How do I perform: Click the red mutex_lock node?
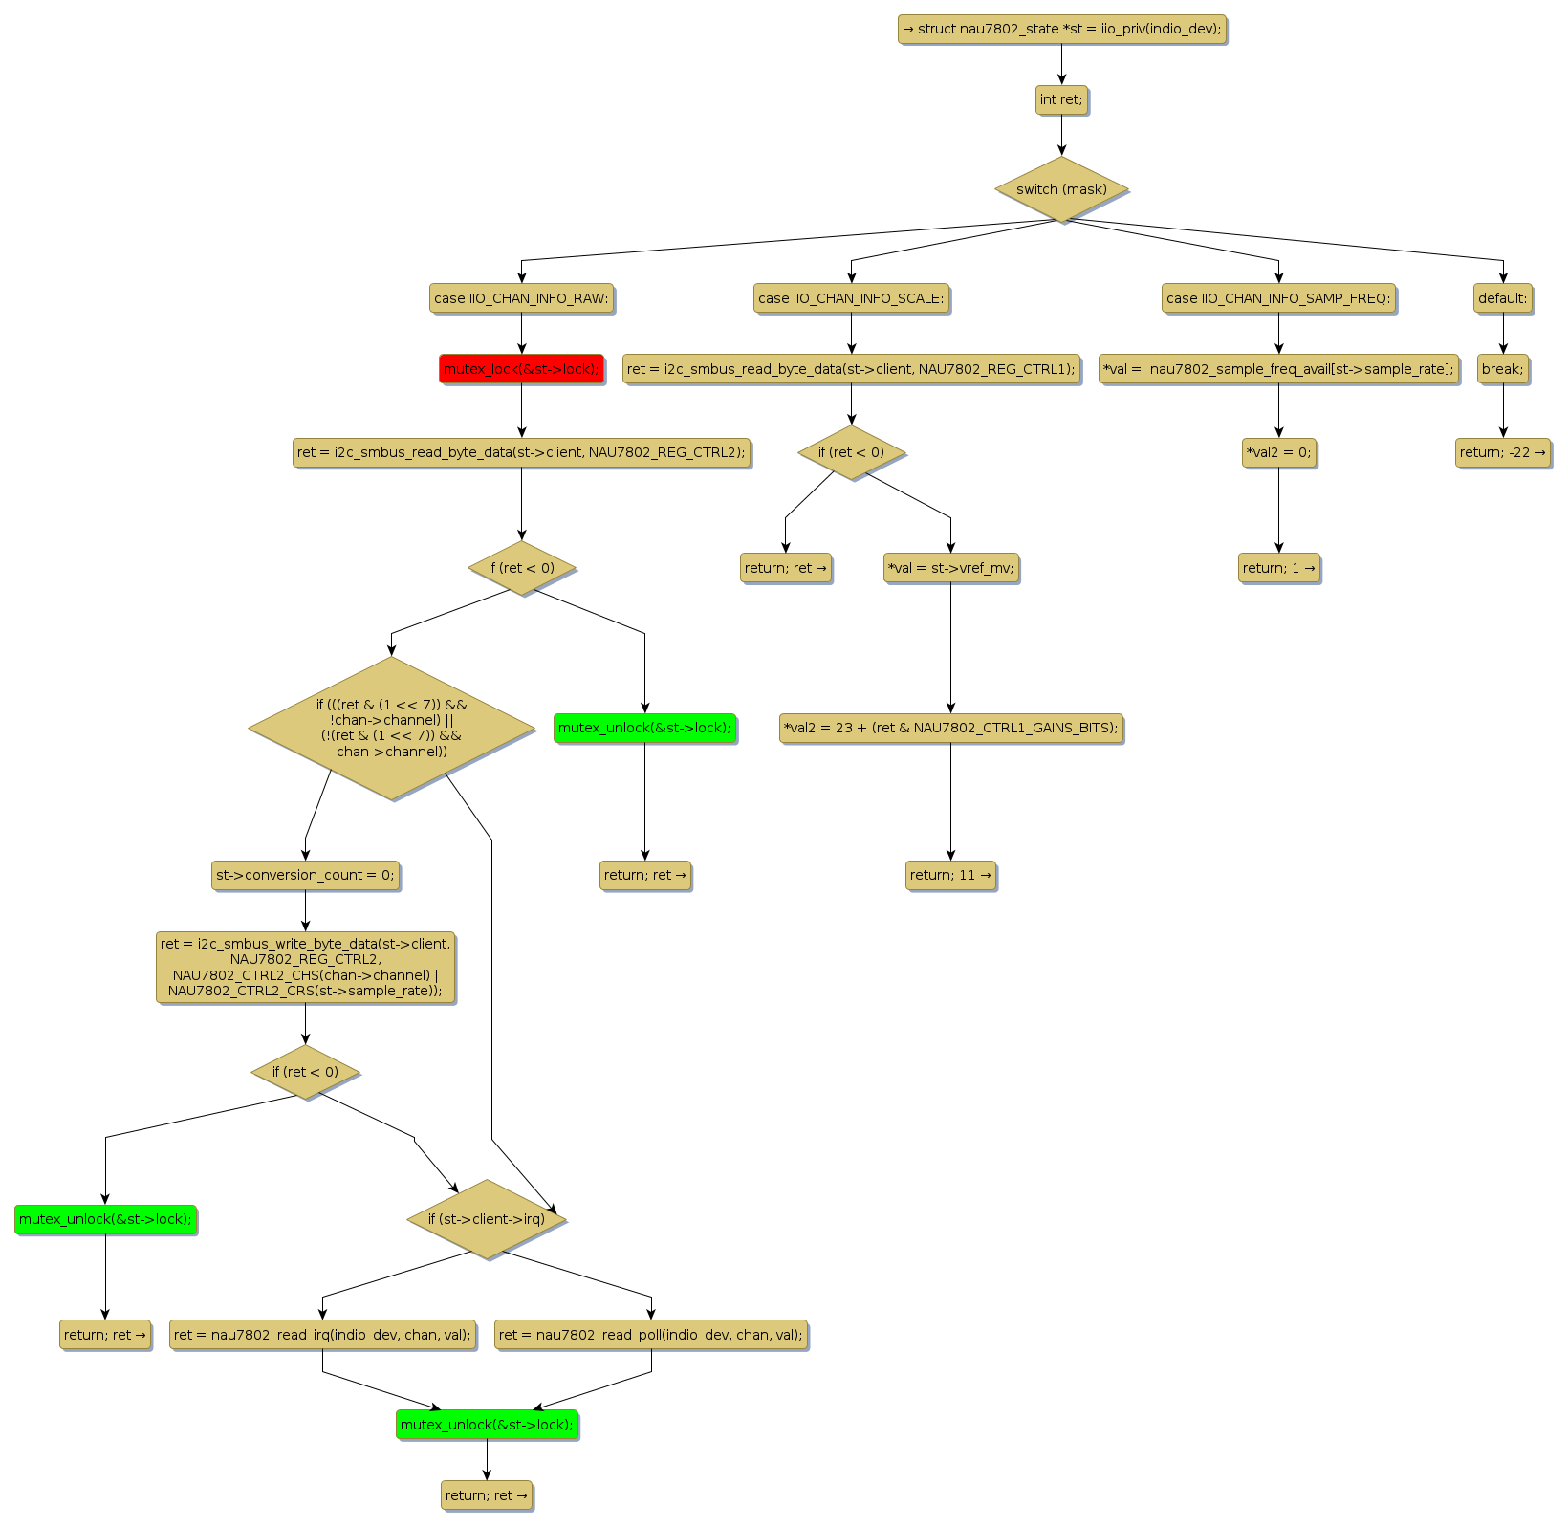coord(521,369)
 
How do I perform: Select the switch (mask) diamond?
coord(1061,189)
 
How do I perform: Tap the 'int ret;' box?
coord(1061,99)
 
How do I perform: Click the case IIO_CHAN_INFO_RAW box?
coord(521,298)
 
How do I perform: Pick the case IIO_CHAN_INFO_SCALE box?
coord(851,298)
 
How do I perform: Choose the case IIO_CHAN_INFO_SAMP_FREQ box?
coord(1278,298)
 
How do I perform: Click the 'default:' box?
coord(1502,298)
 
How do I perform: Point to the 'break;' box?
coord(1502,369)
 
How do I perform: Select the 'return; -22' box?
coord(1502,452)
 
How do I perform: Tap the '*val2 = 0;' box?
coord(1278,452)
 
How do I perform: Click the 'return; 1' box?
coord(1278,568)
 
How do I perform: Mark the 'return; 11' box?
coord(950,875)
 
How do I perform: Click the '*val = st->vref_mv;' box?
coord(950,568)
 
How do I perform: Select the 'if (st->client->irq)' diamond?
coord(487,1219)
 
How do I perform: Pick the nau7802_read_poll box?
coord(651,1335)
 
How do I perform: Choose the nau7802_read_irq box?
coord(322,1335)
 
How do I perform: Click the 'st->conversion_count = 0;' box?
coord(305,875)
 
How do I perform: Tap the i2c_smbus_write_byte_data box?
coord(305,968)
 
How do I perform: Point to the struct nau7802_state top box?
coord(1061,29)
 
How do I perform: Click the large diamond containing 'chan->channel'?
coord(391,728)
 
